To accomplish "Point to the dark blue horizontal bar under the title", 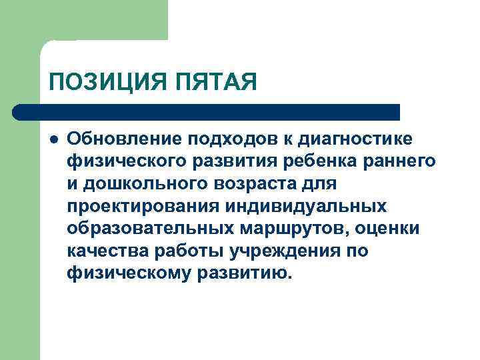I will click(x=207, y=112).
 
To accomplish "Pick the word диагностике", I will click(x=360, y=138).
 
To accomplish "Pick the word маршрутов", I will click(x=287, y=228).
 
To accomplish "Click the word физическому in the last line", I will click(x=128, y=273).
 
